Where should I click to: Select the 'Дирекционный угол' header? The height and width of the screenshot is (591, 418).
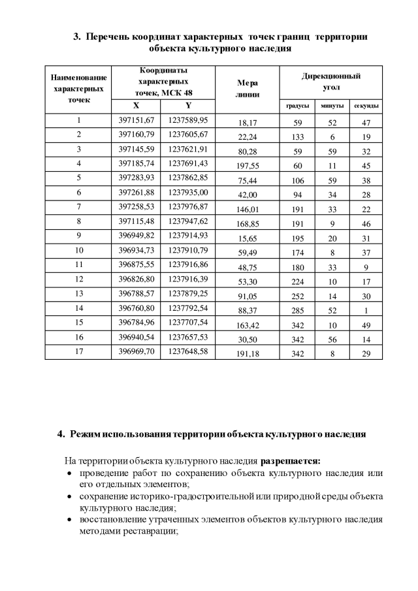pyautogui.click(x=331, y=82)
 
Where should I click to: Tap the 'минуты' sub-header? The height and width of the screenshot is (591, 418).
pyautogui.click(x=332, y=106)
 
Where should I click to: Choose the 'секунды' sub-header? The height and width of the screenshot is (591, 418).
pyautogui.click(x=366, y=106)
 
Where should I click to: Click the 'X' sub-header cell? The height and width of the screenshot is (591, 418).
pyautogui.click(x=136, y=105)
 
